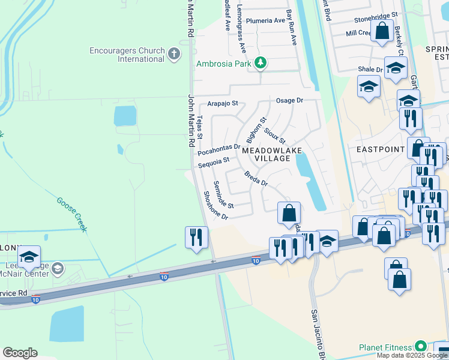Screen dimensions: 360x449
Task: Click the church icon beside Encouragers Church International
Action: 174,55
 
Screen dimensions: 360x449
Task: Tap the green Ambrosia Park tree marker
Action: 260,62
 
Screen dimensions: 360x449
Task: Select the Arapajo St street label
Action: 223,103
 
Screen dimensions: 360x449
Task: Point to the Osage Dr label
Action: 290,100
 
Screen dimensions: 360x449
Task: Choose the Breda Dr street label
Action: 255,178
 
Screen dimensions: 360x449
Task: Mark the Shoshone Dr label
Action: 216,205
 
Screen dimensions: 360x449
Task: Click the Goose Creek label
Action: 72,214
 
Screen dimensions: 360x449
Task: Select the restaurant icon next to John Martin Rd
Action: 196,236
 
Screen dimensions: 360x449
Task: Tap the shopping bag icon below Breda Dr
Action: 289,213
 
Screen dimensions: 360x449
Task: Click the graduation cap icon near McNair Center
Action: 28,257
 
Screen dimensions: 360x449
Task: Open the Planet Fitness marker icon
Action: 421,347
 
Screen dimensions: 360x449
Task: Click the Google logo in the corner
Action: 20,353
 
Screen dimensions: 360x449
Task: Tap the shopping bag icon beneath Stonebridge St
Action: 382,31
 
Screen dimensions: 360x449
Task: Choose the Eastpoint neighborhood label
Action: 380,148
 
